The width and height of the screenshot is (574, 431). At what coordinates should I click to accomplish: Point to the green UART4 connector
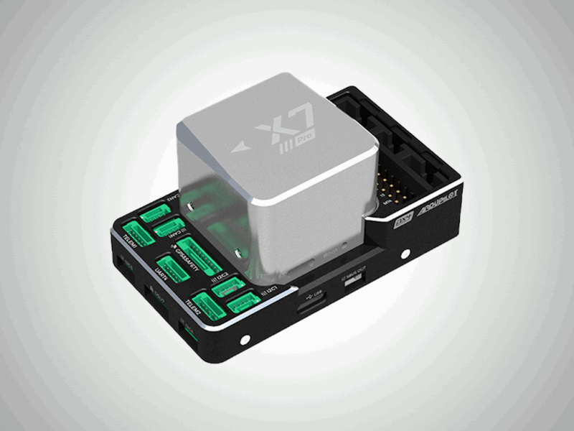coord(172,267)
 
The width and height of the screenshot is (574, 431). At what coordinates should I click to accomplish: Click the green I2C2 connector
coord(224,287)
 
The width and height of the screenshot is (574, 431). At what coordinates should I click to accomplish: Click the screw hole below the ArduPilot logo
coord(407,253)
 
